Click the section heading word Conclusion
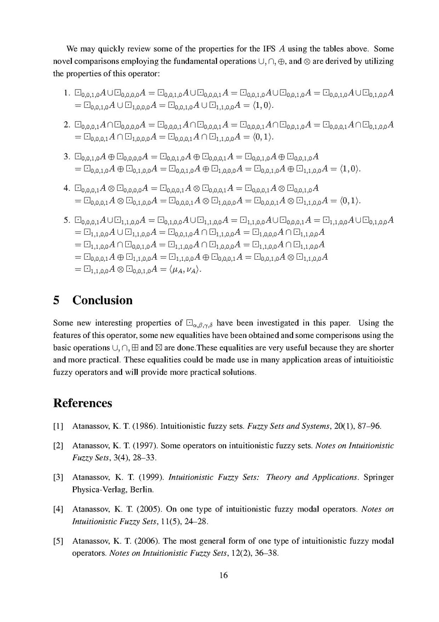[x=103, y=301]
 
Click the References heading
[x=83, y=403]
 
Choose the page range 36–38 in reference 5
[x=266, y=553]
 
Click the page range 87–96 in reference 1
[x=369, y=427]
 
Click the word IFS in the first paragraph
[x=262, y=49]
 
